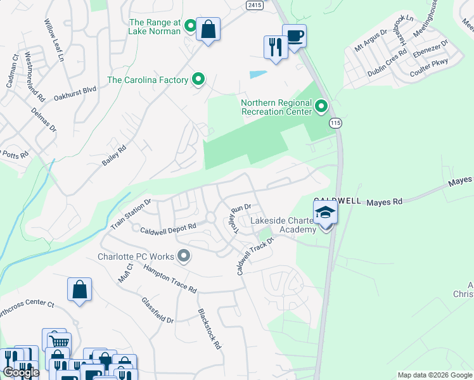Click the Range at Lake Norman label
(x=155, y=26)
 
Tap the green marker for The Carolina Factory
(x=198, y=80)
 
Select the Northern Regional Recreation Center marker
(x=321, y=106)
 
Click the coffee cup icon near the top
(x=294, y=35)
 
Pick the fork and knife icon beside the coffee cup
(x=275, y=47)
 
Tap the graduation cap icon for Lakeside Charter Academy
(x=325, y=212)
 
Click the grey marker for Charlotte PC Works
(x=184, y=256)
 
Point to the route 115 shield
(x=336, y=123)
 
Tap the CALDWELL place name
(x=337, y=201)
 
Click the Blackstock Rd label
(x=208, y=329)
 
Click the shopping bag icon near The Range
(x=208, y=29)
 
